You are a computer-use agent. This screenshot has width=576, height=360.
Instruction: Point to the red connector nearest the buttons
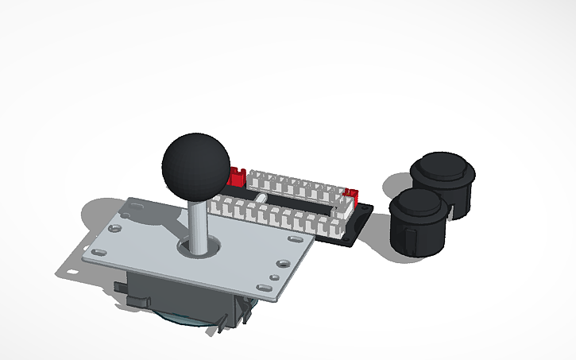[x=351, y=195]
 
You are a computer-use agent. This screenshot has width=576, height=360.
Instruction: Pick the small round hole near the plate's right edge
[x=273, y=277]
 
